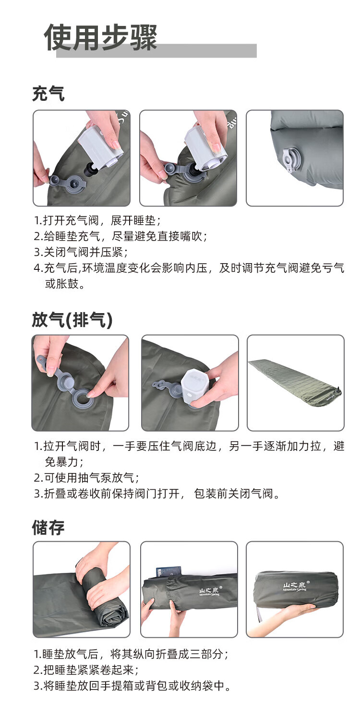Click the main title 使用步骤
(x=101, y=37)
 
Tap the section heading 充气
(x=48, y=94)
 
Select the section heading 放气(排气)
(x=72, y=320)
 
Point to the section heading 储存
(x=48, y=527)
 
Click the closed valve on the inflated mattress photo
(x=291, y=159)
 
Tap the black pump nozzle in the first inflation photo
(x=90, y=169)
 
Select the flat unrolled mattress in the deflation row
(x=295, y=382)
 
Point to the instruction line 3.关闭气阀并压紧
(x=81, y=252)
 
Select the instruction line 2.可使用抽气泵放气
(x=86, y=478)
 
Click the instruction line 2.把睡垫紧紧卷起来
(x=86, y=670)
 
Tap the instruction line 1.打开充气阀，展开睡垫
(x=97, y=220)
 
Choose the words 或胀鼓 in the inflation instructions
(x=61, y=284)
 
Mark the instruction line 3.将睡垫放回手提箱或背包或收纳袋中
(x=132, y=686)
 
